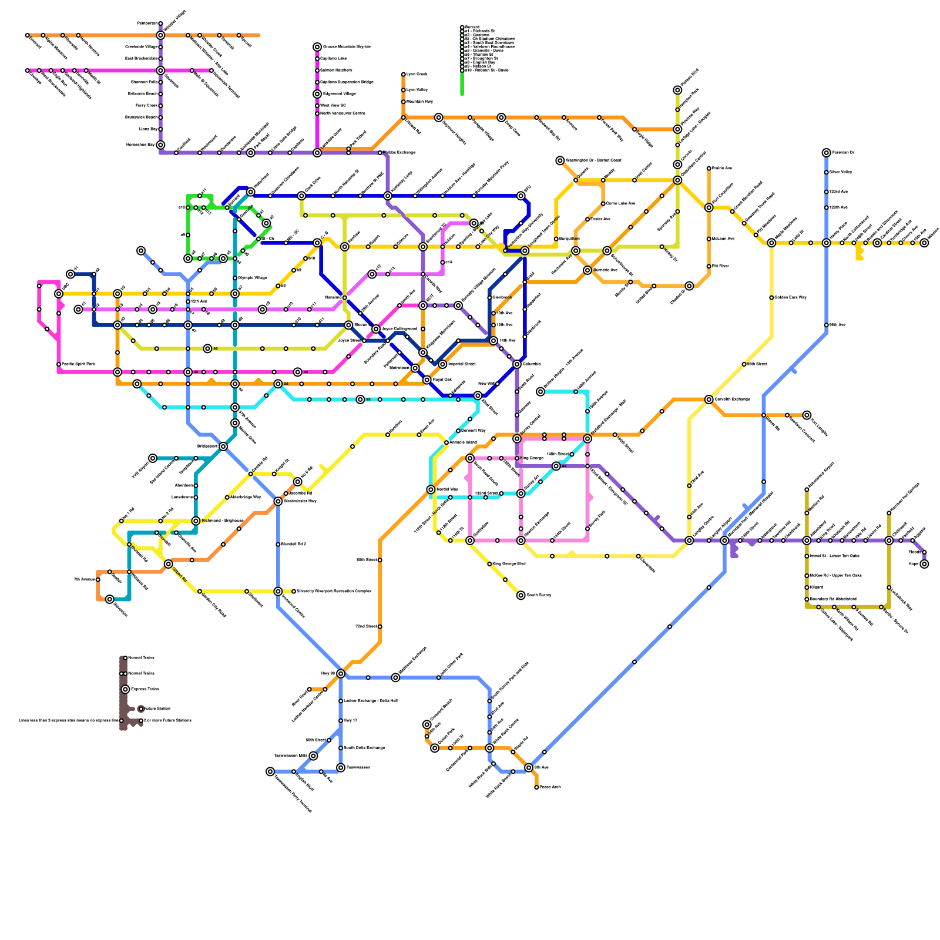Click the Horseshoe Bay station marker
(x=160, y=145)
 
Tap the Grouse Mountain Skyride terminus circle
(x=317, y=47)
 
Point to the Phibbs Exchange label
(x=401, y=153)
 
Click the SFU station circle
(x=521, y=196)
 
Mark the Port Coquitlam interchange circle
(x=709, y=207)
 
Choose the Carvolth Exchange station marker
(x=709, y=399)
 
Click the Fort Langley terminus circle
(x=807, y=415)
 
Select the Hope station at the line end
(x=924, y=564)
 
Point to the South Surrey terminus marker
(x=521, y=595)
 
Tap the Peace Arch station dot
(x=536, y=787)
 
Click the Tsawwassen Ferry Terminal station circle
(x=270, y=771)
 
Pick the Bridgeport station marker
(x=223, y=446)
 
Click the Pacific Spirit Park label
(x=78, y=364)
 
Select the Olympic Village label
(x=253, y=278)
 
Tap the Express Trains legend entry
(x=145, y=689)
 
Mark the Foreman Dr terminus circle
(x=827, y=153)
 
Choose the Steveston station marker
(x=110, y=599)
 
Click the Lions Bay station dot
(x=160, y=129)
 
